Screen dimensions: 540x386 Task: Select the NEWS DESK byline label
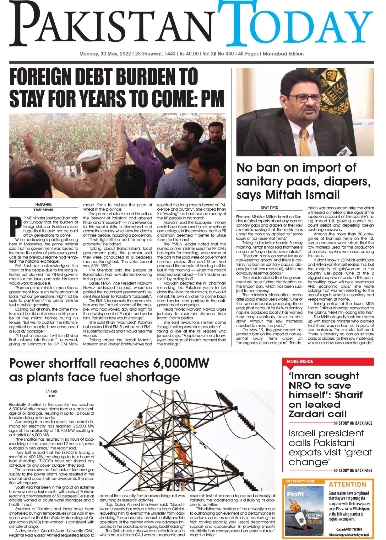pos(269,207)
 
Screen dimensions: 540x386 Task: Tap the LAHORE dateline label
pos(52,391)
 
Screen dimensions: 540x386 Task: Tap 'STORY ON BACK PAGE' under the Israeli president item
pos(356,470)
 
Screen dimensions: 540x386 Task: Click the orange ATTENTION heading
pos(347,485)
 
